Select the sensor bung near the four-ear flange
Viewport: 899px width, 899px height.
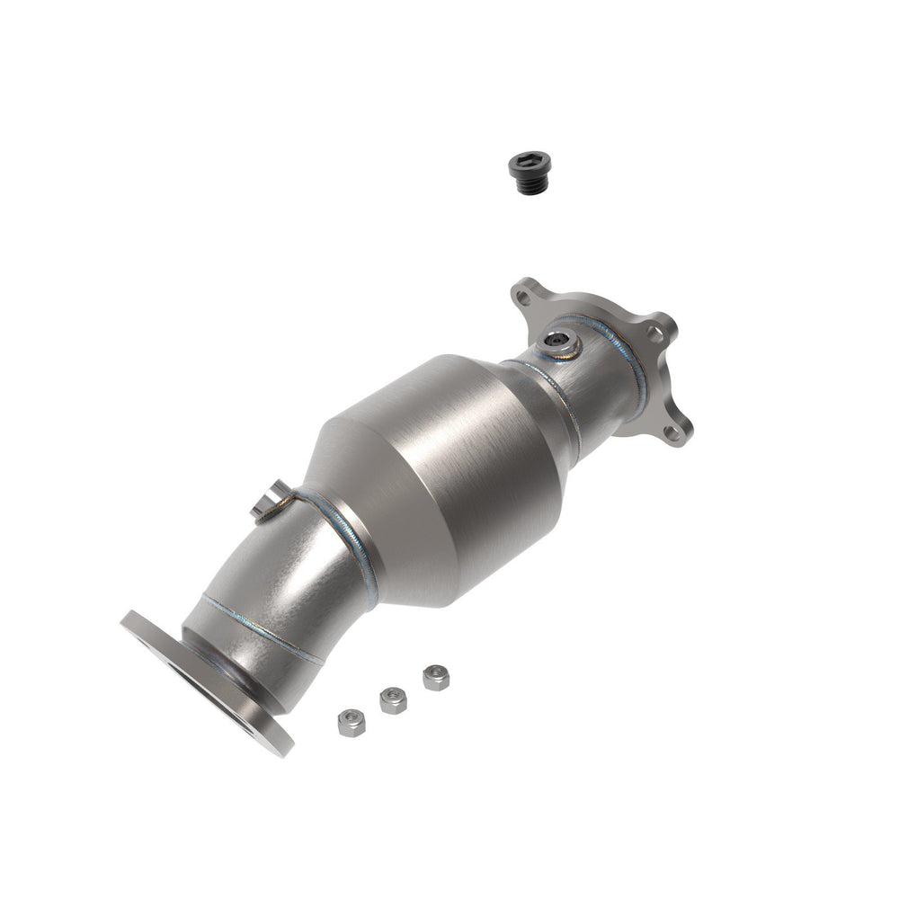(x=558, y=343)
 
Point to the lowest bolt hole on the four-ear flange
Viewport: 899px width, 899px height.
(x=672, y=433)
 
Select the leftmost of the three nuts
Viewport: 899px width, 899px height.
(x=350, y=722)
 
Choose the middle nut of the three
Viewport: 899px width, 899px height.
(x=392, y=699)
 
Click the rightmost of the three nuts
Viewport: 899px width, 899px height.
(x=435, y=677)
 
